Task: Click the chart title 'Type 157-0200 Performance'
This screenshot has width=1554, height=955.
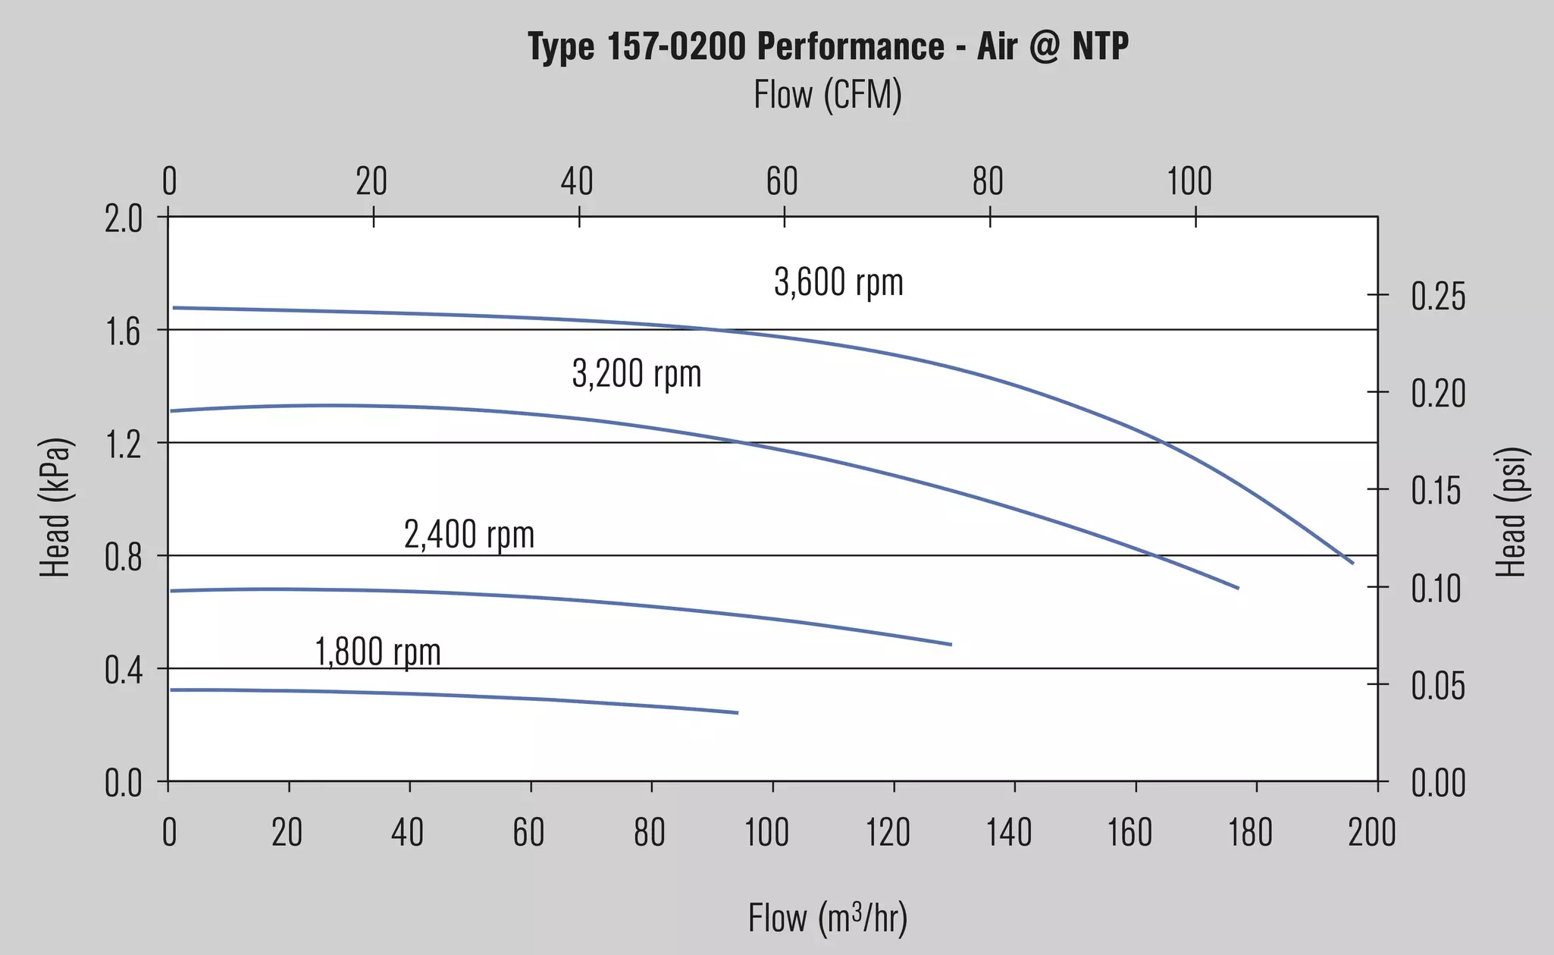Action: click(x=736, y=46)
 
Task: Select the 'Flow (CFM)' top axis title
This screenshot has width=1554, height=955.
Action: click(x=828, y=96)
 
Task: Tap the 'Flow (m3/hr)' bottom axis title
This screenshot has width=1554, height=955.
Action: click(x=828, y=918)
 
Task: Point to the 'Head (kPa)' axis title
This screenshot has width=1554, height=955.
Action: click(x=55, y=507)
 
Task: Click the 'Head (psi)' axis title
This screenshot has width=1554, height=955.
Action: click(x=1511, y=512)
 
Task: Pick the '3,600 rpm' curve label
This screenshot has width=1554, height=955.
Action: click(x=838, y=282)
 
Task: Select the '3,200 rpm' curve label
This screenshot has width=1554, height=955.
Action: click(x=637, y=373)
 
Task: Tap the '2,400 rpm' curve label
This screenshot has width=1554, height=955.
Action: click(x=469, y=535)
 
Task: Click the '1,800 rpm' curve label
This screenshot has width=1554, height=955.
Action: click(x=378, y=652)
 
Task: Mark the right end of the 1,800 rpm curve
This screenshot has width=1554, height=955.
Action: click(x=738, y=713)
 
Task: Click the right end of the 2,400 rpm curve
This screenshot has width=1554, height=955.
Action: click(x=951, y=645)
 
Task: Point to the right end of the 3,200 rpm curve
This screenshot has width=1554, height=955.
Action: click(x=1238, y=588)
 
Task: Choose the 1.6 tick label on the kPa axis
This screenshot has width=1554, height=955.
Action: click(x=124, y=331)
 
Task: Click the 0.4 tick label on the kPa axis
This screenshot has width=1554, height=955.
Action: click(x=124, y=671)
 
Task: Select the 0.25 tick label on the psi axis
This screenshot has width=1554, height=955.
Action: click(x=1438, y=297)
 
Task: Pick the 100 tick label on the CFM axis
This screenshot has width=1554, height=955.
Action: click(x=1189, y=182)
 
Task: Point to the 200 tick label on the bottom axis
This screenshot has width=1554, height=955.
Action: click(x=1372, y=832)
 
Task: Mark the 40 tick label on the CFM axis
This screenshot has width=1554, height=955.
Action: click(x=577, y=182)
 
